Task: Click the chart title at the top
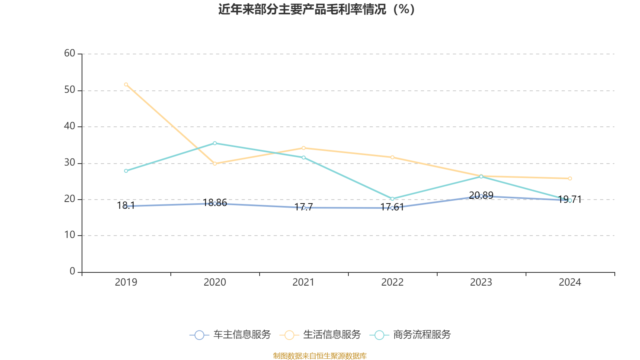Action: point(317,9)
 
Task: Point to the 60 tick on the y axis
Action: point(70,54)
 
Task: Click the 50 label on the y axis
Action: point(70,90)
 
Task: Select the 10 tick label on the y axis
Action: point(70,235)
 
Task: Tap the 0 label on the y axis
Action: point(72,272)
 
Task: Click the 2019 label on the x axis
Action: point(126,282)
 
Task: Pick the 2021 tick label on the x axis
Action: point(304,282)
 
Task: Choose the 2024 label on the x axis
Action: point(570,282)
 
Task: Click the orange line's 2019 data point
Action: point(126,84)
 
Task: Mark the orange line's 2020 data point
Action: point(215,164)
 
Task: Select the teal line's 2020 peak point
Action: point(215,143)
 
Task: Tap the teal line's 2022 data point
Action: point(392,199)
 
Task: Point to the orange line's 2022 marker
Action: point(392,157)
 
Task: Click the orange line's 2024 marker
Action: point(570,178)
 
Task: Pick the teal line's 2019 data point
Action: point(126,171)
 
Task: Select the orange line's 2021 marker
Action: point(304,148)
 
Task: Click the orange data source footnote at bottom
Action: point(320,356)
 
